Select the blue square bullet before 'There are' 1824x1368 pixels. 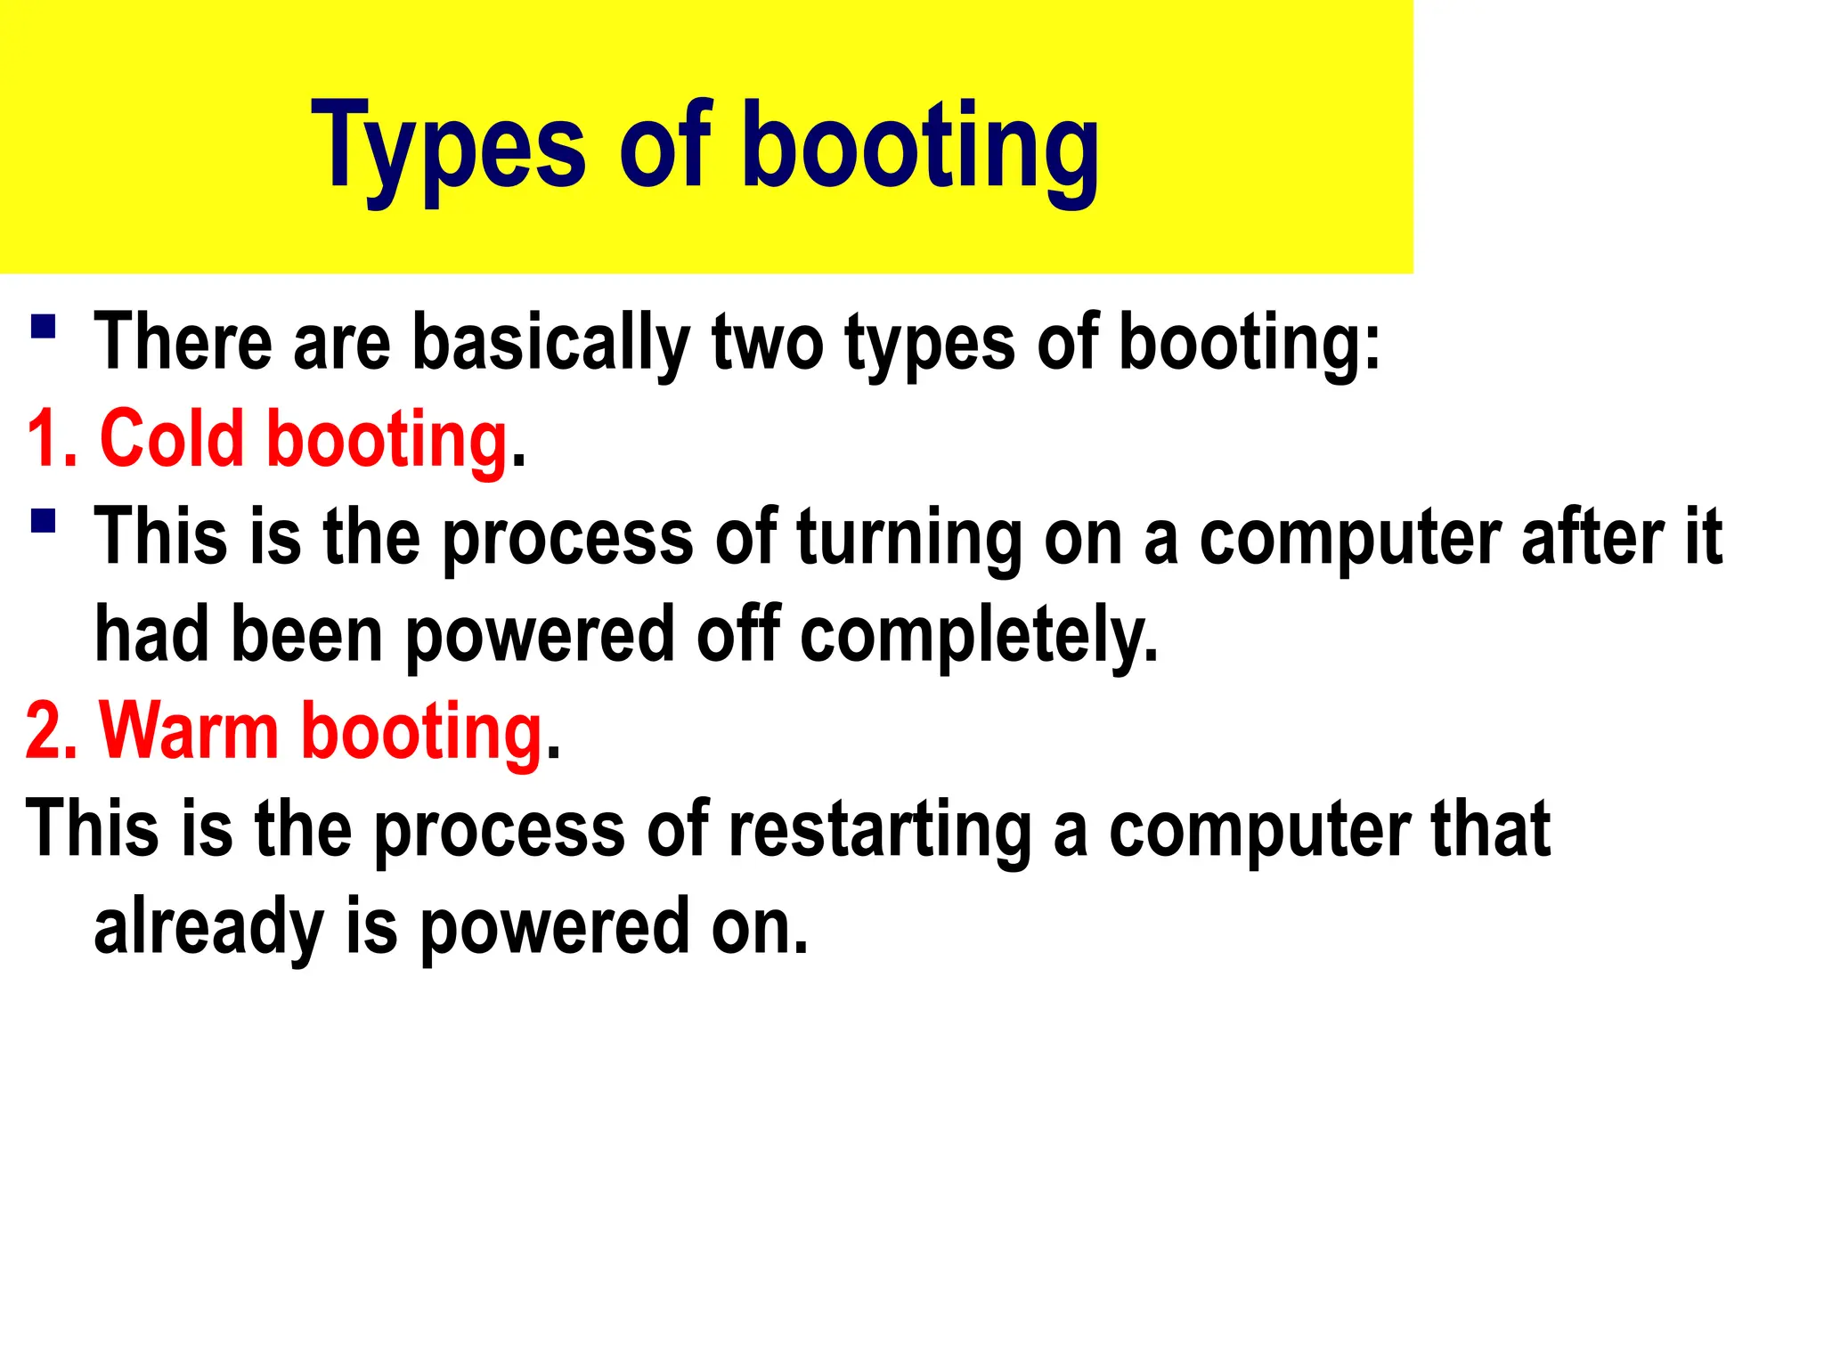[x=43, y=327]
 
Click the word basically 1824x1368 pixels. [x=551, y=343]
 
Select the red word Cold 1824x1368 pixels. [x=171, y=440]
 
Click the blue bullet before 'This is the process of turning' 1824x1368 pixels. [x=43, y=521]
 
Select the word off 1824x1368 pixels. [x=738, y=634]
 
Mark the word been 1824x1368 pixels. [x=306, y=634]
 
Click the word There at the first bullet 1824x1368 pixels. [x=183, y=343]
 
